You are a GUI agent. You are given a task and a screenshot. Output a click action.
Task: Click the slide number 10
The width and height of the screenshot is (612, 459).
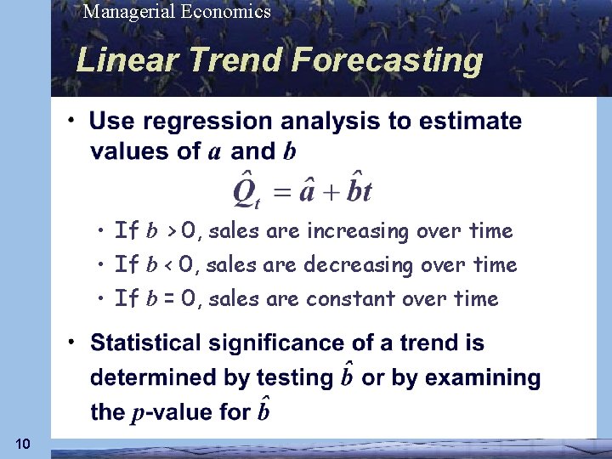coord(23,444)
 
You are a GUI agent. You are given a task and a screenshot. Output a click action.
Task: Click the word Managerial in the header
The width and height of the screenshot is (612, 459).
coord(125,12)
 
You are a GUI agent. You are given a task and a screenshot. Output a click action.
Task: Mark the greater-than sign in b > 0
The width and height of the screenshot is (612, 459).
coord(171,231)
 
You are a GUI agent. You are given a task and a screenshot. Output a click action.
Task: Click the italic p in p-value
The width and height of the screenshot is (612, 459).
coord(137,414)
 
